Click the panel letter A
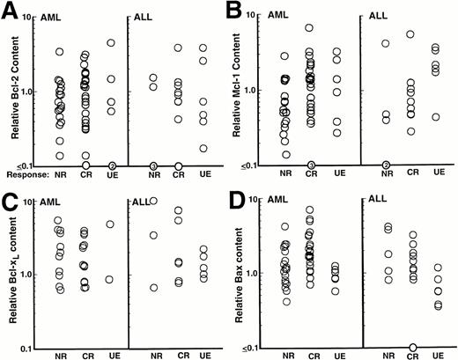point(10,11)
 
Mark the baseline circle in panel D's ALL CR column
point(413,348)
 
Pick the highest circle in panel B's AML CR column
point(335,28)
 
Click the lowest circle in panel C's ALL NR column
point(153,287)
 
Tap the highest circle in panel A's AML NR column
point(60,52)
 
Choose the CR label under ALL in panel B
point(411,173)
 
